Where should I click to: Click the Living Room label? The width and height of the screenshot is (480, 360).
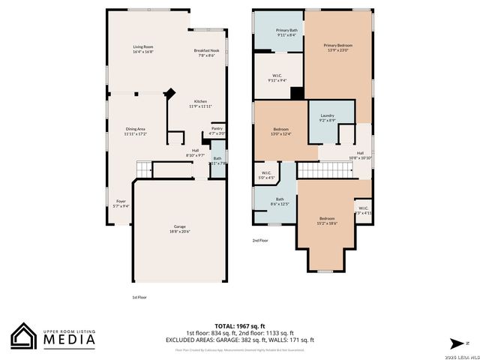143,49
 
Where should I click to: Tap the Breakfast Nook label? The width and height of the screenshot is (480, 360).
206,53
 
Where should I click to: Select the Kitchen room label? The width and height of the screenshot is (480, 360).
201,103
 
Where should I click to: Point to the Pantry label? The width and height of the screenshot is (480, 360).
217,130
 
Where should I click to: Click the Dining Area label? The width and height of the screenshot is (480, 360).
136,130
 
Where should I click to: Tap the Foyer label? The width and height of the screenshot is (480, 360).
121,202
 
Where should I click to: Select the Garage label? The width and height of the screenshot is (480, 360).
180,229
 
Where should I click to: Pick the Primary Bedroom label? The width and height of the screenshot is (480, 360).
338,48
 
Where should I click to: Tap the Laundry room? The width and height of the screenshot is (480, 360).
327,117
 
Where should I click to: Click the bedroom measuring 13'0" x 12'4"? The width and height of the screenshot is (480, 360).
281,131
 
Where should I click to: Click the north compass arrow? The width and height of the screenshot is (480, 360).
454,343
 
